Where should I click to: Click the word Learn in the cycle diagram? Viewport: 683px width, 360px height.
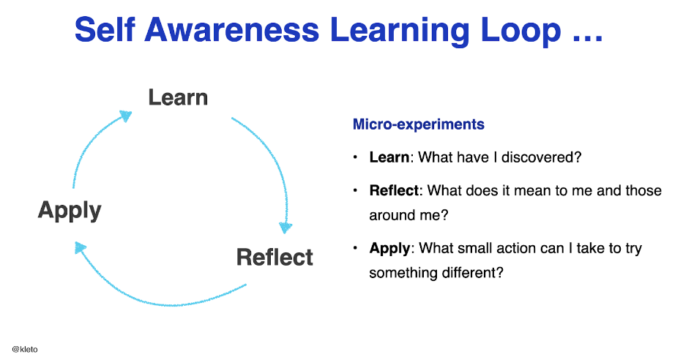tap(178, 97)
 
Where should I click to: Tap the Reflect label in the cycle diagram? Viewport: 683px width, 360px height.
tap(275, 257)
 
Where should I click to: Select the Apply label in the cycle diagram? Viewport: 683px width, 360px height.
tap(70, 211)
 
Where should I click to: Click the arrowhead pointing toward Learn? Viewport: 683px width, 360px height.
tap(125, 116)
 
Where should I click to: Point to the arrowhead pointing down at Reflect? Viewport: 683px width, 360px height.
tap(284, 227)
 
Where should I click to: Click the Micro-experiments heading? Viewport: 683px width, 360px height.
tap(418, 124)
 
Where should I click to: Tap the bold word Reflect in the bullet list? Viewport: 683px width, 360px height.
tap(395, 191)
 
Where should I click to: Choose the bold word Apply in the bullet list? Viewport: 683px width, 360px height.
tap(389, 248)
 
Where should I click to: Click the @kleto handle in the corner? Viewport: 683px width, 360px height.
tap(25, 349)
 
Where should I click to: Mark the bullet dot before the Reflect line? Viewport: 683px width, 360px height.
tap(355, 191)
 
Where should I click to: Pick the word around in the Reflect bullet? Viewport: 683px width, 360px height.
tap(392, 216)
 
